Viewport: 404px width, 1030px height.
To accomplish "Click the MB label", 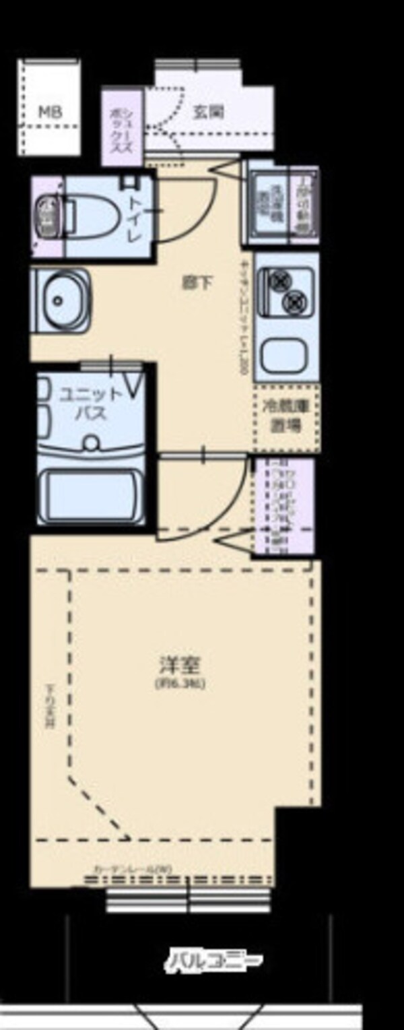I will click(x=50, y=112).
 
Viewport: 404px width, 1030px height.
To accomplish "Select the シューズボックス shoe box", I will click(x=122, y=128).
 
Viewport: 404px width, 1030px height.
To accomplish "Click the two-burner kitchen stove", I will click(x=285, y=290).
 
